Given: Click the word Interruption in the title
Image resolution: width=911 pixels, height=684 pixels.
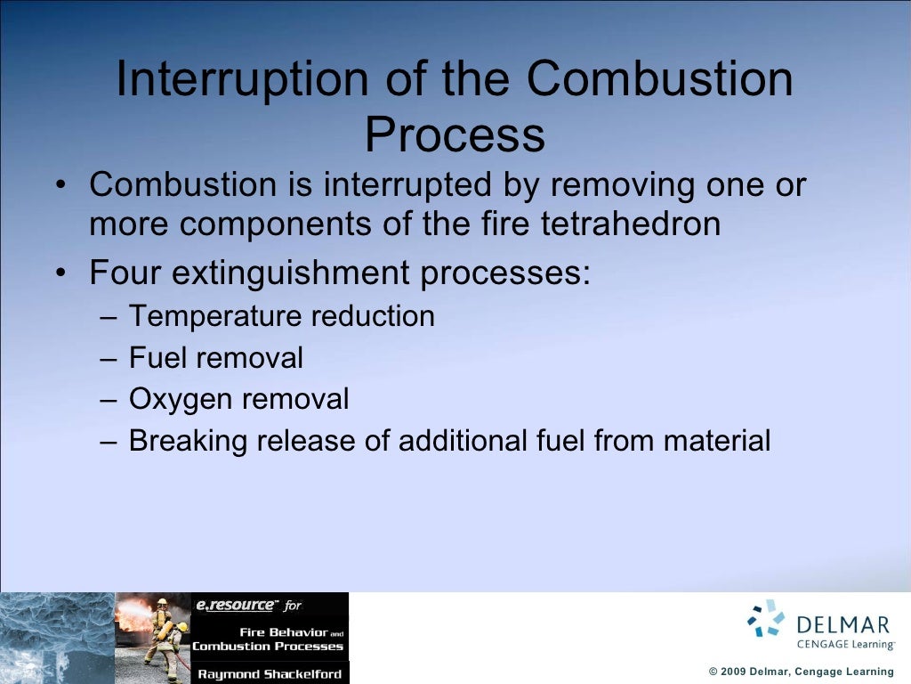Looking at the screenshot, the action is pyautogui.click(x=242, y=80).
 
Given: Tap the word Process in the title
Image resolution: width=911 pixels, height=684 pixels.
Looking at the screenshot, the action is pyautogui.click(x=455, y=135).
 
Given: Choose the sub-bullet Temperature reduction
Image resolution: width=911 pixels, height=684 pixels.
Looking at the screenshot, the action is pyautogui.click(x=281, y=316).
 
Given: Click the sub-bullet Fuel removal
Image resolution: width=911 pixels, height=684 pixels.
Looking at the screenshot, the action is pyautogui.click(x=215, y=358).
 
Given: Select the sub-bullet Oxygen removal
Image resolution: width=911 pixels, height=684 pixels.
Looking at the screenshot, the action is pyautogui.click(x=238, y=400).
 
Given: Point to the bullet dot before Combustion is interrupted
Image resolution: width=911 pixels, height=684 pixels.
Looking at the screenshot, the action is pyautogui.click(x=59, y=186).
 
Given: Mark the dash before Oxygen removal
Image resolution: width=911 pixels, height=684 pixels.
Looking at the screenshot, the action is pyautogui.click(x=108, y=400).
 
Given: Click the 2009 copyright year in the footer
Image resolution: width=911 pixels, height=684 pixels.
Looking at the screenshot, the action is pyautogui.click(x=736, y=672).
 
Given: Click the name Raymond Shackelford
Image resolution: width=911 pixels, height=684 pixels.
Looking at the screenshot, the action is pyautogui.click(x=270, y=674).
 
